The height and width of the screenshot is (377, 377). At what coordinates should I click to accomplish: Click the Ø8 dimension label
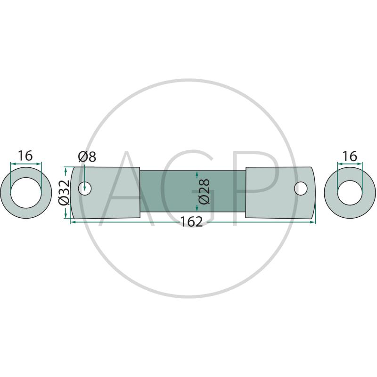click(x=87, y=157)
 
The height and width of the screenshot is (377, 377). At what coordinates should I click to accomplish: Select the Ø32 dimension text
click(x=64, y=193)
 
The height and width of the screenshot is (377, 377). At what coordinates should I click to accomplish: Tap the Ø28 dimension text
click(x=205, y=191)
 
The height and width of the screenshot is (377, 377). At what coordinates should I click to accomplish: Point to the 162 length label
click(x=191, y=221)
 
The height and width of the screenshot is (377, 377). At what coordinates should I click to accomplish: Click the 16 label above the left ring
click(x=25, y=156)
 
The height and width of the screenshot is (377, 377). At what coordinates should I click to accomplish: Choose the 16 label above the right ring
click(x=350, y=156)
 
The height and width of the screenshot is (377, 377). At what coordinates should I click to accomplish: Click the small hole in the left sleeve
click(x=85, y=188)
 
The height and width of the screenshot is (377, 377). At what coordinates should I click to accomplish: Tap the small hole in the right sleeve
click(x=301, y=188)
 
